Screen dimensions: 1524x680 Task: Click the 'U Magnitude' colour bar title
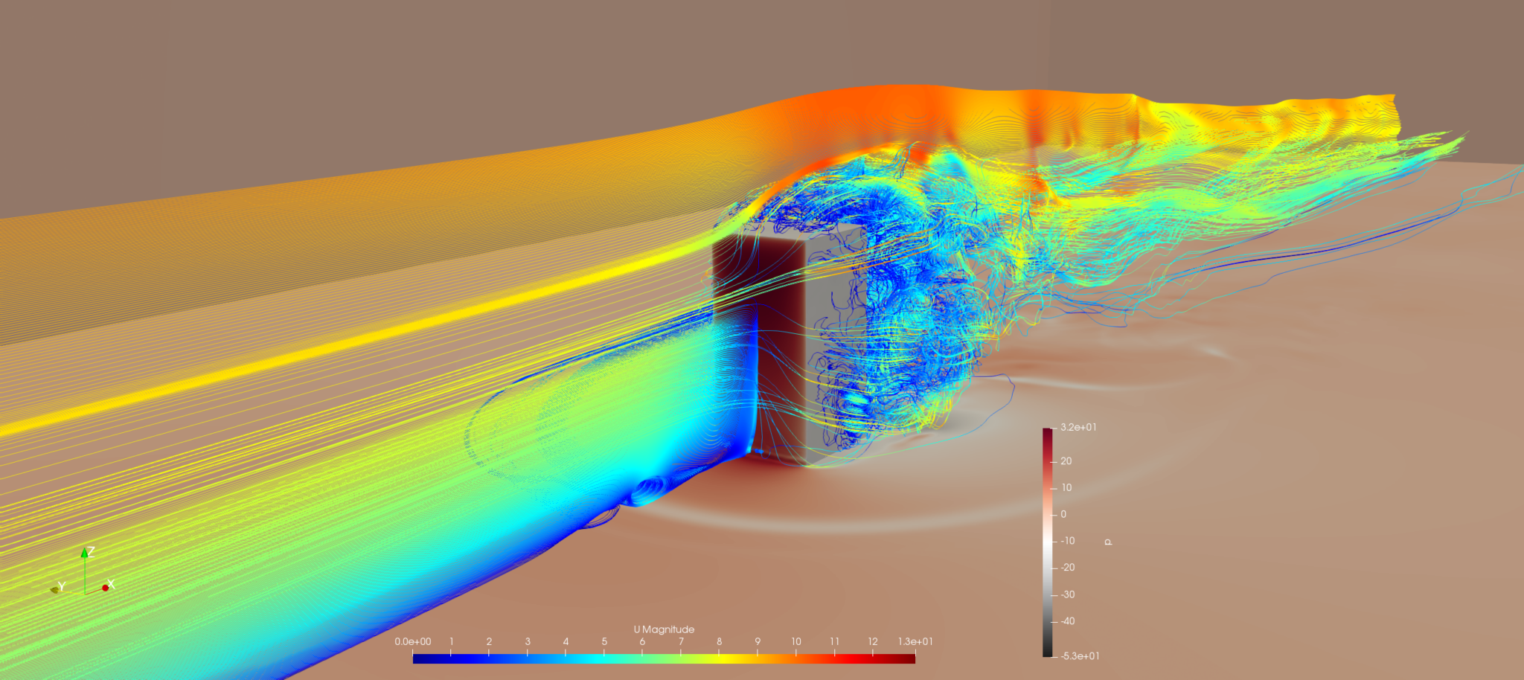click(664, 629)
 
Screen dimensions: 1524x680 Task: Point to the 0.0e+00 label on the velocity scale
click(413, 641)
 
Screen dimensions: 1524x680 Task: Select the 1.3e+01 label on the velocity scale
click(915, 641)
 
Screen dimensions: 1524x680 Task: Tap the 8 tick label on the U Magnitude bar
click(719, 641)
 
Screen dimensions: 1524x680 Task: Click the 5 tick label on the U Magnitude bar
click(604, 641)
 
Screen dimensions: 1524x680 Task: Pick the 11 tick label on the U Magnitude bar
click(834, 641)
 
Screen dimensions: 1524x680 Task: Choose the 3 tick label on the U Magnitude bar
click(528, 641)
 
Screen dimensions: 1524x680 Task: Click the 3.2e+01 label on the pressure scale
click(1078, 427)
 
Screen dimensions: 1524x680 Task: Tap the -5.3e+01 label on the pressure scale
click(1080, 656)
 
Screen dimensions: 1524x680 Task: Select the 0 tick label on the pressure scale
click(1063, 514)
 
